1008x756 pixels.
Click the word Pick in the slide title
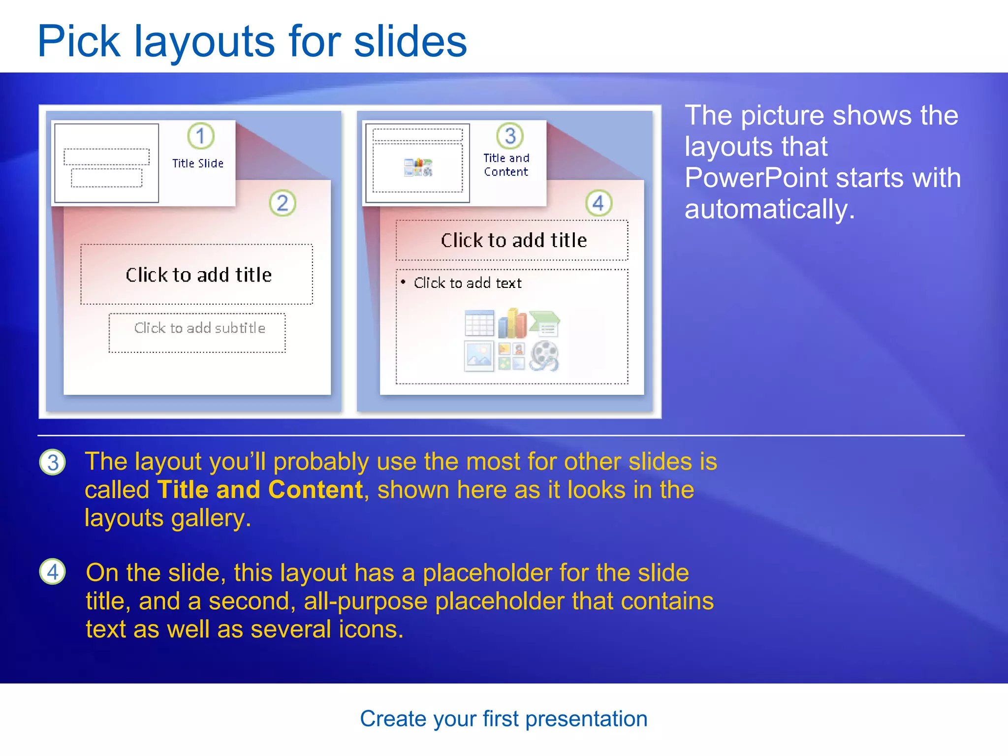pyautogui.click(x=79, y=42)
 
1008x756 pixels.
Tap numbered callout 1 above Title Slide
pyautogui.click(x=201, y=136)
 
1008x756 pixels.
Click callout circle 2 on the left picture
pyautogui.click(x=283, y=203)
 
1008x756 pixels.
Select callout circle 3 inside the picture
pyautogui.click(x=510, y=136)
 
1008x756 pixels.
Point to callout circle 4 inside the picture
pyautogui.click(x=598, y=203)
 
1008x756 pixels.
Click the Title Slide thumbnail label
pyautogui.click(x=198, y=163)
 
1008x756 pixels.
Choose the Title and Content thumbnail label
pyautogui.click(x=506, y=165)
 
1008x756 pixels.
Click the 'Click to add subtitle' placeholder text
pyautogui.click(x=199, y=328)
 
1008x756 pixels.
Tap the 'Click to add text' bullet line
pyautogui.click(x=467, y=283)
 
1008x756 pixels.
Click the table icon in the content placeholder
pyautogui.click(x=479, y=323)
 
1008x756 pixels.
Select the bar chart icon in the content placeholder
pyautogui.click(x=512, y=323)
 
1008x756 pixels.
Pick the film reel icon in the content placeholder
pyautogui.click(x=544, y=355)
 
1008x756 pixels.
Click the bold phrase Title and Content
pyautogui.click(x=260, y=490)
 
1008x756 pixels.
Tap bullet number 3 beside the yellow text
pyautogui.click(x=53, y=463)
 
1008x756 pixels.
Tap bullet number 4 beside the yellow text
pyautogui.click(x=53, y=572)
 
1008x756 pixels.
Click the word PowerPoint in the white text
pyautogui.click(x=770, y=178)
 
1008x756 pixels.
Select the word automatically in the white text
pyautogui.click(x=769, y=209)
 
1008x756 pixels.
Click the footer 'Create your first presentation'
pyautogui.click(x=504, y=719)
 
